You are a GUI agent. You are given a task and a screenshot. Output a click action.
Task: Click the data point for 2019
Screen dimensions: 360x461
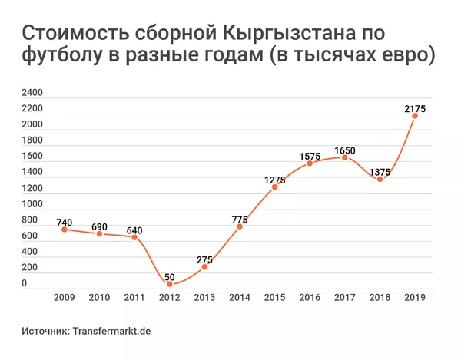(414, 116)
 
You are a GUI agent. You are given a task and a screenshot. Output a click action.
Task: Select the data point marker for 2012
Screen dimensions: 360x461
(169, 283)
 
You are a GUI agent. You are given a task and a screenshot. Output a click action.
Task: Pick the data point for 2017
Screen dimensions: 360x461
(344, 157)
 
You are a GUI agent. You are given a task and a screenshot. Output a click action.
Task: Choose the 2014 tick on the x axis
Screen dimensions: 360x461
(239, 297)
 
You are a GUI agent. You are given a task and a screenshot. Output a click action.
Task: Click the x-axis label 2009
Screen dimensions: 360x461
(65, 297)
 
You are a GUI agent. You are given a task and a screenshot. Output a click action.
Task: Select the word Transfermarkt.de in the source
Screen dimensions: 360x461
(111, 331)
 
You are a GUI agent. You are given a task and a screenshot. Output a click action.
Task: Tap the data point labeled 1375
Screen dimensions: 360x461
(380, 179)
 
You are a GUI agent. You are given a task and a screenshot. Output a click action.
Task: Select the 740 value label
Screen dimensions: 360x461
(65, 222)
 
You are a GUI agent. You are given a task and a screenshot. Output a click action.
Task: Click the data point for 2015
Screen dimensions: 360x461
(274, 187)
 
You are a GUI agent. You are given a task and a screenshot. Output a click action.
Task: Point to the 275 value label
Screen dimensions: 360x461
(204, 259)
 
